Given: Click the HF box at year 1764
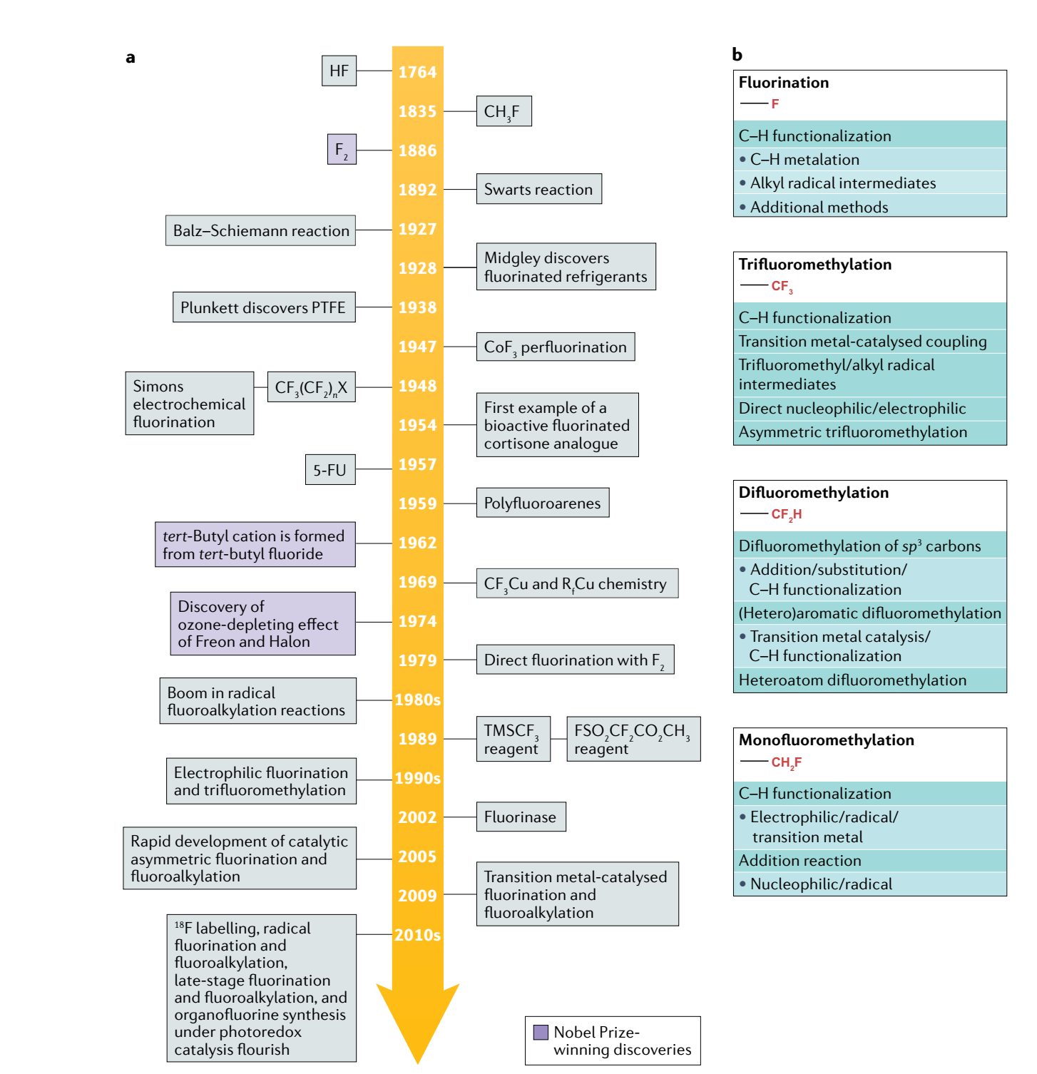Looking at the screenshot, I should coord(339,71).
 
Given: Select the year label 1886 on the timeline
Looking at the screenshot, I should coord(417,150).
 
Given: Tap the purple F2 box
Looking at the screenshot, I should coord(342,150).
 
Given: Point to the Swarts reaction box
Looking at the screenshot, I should coord(538,189).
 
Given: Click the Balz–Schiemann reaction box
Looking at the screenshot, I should coord(260,230).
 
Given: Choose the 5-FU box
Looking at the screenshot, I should coord(330,470).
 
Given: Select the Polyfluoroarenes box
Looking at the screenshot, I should coord(542,503).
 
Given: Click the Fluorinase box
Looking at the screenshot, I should coord(521,817).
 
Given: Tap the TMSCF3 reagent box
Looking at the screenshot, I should coord(513,739).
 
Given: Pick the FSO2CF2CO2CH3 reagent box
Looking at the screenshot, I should coord(633,739).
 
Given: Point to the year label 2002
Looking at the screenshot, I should coord(417,817).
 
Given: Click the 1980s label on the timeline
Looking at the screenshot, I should coord(417,700).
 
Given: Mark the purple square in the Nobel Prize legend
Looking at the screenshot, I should coord(541,1032).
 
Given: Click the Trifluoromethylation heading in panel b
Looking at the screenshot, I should coord(814,265).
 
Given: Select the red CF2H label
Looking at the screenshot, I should coord(787,514).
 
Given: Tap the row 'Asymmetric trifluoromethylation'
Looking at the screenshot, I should coord(853,432).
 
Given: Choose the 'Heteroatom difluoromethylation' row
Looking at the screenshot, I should coord(853,680).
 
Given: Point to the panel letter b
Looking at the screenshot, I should coord(737,55).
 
